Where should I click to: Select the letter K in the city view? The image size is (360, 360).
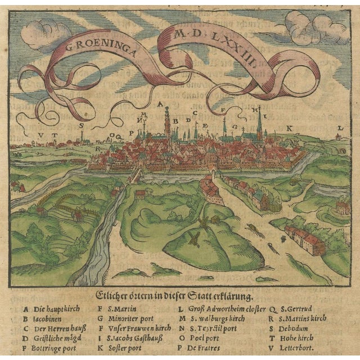coord(289,128)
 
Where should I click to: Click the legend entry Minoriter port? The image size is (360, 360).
coord(133,318)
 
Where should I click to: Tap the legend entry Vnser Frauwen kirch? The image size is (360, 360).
coord(139,328)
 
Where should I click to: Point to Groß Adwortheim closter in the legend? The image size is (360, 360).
coord(222,308)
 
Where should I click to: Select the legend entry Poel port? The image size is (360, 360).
coord(204,338)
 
